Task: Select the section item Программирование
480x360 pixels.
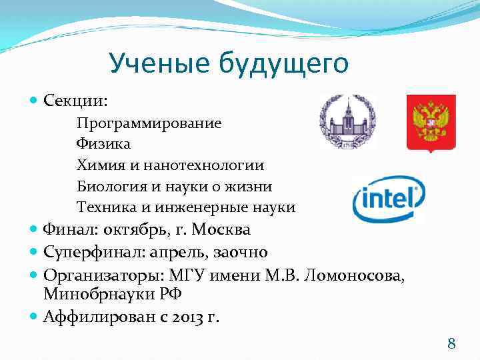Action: (x=149, y=123)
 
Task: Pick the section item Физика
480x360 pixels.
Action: (x=103, y=144)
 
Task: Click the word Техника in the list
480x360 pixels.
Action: (x=106, y=207)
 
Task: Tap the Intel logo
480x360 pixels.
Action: (x=388, y=199)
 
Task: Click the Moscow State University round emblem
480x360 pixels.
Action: (x=347, y=121)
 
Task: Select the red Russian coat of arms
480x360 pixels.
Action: (x=431, y=123)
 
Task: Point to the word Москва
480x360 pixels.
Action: (x=221, y=230)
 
